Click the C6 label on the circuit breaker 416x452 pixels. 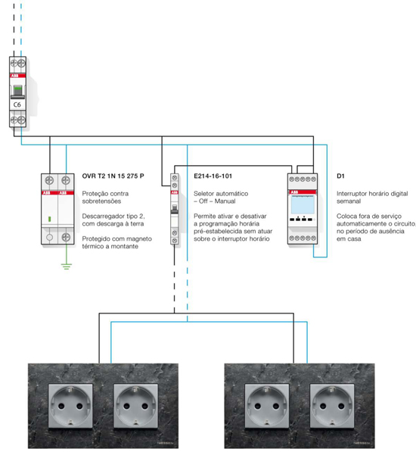[17, 104]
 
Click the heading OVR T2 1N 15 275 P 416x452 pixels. [113, 176]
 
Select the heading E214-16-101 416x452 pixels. [213, 176]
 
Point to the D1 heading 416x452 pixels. [340, 176]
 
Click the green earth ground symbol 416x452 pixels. [67, 267]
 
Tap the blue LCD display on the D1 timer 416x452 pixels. [303, 204]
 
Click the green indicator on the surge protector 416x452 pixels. [49, 219]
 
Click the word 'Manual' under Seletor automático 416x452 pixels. [225, 201]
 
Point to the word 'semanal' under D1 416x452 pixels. [349, 201]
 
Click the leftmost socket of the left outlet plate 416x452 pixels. [70, 406]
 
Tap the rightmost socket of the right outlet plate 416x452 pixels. [332, 406]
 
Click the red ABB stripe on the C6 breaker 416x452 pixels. [18, 76]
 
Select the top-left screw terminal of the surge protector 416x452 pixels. [49, 181]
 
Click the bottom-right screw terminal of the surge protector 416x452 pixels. [66, 237]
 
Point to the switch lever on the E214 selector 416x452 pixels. [174, 208]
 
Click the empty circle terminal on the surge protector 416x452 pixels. [49, 237]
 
